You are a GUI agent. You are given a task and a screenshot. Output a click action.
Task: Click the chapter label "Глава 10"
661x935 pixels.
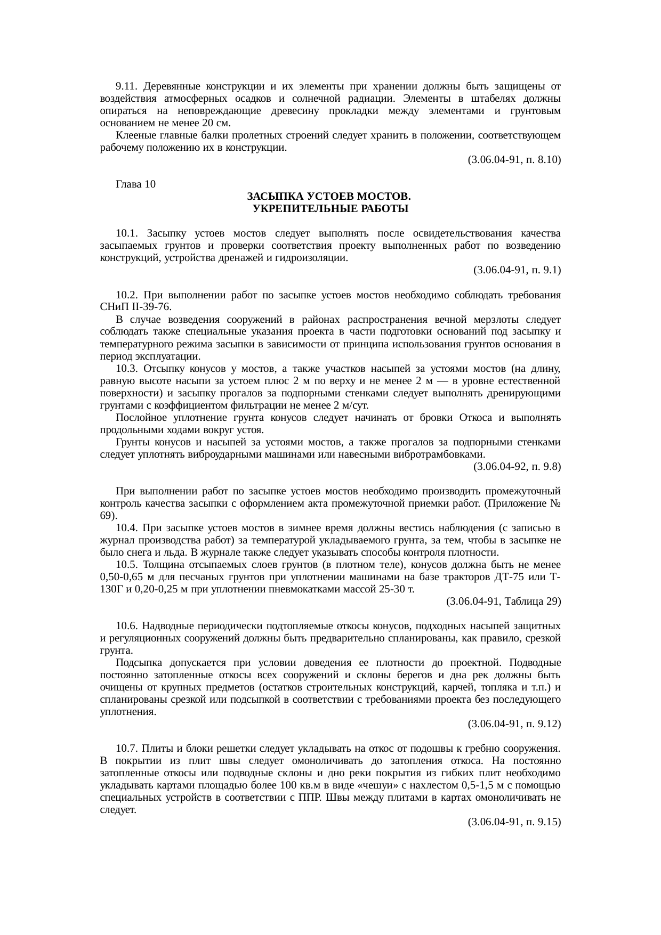click(x=135, y=184)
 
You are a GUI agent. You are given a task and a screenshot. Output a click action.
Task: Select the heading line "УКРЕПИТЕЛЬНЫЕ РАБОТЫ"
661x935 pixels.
click(x=330, y=209)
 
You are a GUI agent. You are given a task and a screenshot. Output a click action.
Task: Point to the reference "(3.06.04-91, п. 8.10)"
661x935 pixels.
click(x=514, y=160)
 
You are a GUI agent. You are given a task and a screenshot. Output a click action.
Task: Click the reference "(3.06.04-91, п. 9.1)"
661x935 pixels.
click(x=517, y=270)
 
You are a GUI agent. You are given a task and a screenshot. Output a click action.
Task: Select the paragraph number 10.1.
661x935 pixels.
click(x=127, y=233)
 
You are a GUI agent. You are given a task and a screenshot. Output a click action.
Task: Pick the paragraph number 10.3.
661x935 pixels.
click(x=127, y=369)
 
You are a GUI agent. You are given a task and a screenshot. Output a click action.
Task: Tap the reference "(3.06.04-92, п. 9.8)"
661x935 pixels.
click(x=517, y=467)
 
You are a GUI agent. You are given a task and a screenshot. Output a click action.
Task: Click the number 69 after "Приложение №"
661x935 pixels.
click(x=106, y=516)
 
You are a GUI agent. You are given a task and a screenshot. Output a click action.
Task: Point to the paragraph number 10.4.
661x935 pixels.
click(x=127, y=528)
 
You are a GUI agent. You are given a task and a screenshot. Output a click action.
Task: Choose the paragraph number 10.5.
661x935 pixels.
click(x=127, y=565)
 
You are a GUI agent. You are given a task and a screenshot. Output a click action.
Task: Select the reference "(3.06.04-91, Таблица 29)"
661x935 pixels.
click(x=503, y=601)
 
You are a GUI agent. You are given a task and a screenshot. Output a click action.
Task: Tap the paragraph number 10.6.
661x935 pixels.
click(x=127, y=625)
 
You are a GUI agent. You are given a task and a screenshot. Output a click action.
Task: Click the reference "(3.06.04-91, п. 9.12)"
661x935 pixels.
click(x=514, y=724)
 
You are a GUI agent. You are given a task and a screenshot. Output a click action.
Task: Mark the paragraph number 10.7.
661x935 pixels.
click(x=127, y=749)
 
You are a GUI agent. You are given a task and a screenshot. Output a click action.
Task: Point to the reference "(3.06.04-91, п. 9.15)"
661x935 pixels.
click(x=514, y=822)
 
